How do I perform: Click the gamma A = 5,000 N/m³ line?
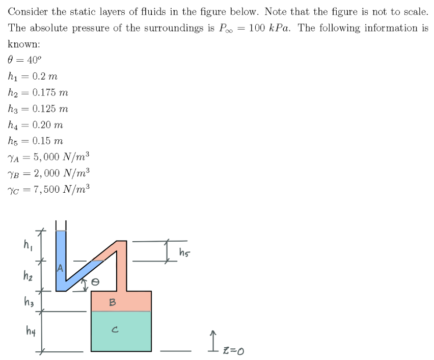(49, 157)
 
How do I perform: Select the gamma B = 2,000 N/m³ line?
(49, 172)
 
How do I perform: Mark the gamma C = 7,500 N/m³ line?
(49, 189)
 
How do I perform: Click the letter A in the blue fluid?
(61, 268)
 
